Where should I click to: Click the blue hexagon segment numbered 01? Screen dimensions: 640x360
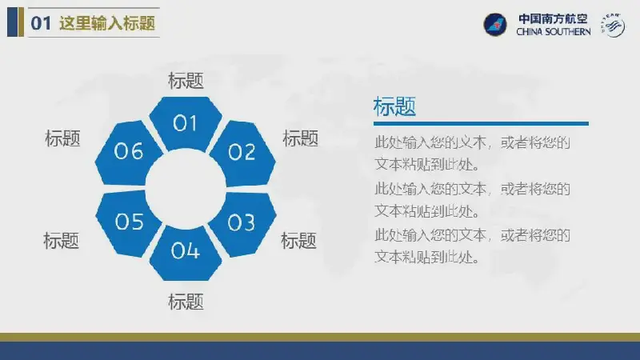pos(186,122)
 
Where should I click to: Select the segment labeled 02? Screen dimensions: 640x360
pos(243,153)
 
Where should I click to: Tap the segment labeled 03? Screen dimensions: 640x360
pos(243,223)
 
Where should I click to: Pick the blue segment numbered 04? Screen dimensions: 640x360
pos(186,252)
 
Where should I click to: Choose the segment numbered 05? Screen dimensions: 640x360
pos(128,222)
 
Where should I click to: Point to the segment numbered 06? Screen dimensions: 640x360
pos(128,152)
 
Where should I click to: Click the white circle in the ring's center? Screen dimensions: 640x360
pos(186,189)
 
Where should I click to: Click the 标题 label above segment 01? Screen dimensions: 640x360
pos(186,81)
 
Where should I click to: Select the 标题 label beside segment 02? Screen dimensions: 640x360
pos(301,138)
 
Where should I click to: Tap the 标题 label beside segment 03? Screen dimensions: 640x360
pos(298,241)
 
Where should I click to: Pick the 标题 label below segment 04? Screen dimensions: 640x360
pos(186,302)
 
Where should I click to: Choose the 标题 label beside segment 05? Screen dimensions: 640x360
pos(62,241)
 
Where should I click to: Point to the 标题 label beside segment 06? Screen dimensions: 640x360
pos(62,138)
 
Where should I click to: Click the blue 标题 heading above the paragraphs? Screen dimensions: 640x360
pos(394,106)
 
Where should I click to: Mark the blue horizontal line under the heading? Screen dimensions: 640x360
pos(481,123)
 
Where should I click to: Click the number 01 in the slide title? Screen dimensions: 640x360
pos(41,23)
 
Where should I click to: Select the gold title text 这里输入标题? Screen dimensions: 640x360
pos(107,23)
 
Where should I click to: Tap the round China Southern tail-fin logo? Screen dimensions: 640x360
pos(494,25)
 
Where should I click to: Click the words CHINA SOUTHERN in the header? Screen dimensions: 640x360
pos(554,32)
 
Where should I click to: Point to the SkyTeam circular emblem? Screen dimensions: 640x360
pos(613,26)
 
